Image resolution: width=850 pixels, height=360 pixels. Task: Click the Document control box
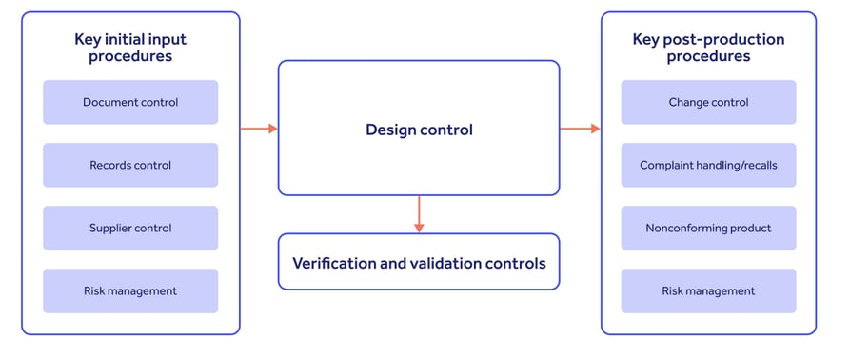[x=130, y=102]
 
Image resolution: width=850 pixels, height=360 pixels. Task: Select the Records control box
[x=130, y=165]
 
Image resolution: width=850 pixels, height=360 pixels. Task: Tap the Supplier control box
[x=130, y=228]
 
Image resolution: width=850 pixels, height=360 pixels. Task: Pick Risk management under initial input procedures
[x=130, y=290]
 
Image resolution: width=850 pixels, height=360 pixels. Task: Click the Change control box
[x=708, y=102]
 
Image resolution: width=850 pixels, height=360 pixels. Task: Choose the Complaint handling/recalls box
[x=708, y=165]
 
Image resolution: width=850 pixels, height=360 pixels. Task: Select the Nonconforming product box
[x=708, y=228]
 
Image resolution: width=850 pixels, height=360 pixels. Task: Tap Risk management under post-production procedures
[x=708, y=290]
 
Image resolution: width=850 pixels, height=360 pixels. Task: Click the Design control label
[x=419, y=129]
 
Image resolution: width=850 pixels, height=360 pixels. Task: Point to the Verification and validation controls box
[x=419, y=262]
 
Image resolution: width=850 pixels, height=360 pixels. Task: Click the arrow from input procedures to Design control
[x=258, y=129]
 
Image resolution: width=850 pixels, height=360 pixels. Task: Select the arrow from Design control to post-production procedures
[x=580, y=129]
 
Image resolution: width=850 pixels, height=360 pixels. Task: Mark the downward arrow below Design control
[x=419, y=214]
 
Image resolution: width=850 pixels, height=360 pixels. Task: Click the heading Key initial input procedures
[x=130, y=48]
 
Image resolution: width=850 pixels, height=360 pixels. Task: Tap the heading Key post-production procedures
[x=708, y=48]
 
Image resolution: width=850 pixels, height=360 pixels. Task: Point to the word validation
[x=446, y=262]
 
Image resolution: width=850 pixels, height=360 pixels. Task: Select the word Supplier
[x=109, y=228]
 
